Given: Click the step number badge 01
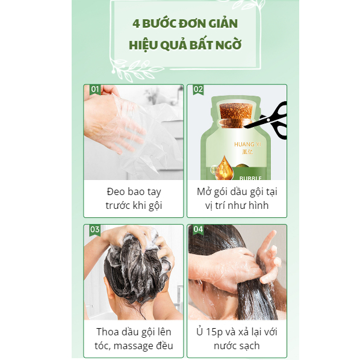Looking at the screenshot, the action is pos(95,89).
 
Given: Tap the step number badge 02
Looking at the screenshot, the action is pos(198,89).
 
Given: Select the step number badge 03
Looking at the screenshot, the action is pos(95,229).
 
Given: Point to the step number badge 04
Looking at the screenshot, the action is pos(198,229).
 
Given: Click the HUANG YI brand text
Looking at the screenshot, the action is pos(247,144).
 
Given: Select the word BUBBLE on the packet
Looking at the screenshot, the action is pos(250,178).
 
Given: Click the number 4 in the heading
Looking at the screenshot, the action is pos(136,23).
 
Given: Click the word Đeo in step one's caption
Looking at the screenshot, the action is pos(116,191).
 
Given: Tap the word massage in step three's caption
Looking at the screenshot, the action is pos(134,346).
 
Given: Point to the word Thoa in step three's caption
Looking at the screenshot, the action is pos(107,332).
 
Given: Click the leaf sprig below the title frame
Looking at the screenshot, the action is pos(135,70).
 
